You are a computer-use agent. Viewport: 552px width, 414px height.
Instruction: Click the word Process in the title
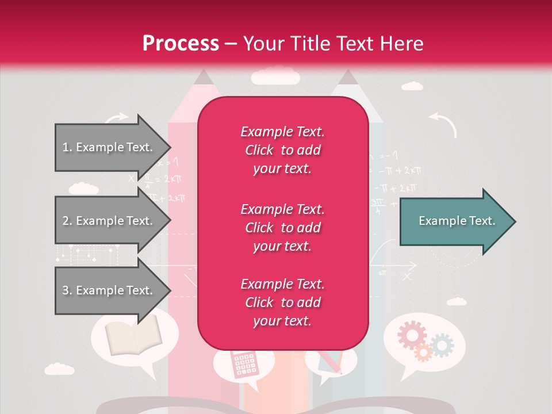tap(181, 44)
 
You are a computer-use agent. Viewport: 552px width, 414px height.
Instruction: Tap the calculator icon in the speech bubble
tap(243, 364)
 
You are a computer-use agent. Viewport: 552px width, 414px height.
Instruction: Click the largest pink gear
tap(412, 335)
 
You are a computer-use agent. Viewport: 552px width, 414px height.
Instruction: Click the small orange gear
tap(423, 352)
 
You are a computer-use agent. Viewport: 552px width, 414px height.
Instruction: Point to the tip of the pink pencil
tap(202, 76)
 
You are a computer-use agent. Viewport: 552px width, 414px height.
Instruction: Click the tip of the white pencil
tap(347, 76)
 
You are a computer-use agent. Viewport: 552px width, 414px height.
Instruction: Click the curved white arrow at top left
tap(117, 118)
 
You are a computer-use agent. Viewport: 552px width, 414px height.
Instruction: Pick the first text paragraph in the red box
tap(282, 150)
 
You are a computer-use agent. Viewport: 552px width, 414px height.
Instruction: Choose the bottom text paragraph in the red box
tap(282, 302)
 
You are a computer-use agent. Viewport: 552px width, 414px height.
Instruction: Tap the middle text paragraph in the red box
tap(282, 228)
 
